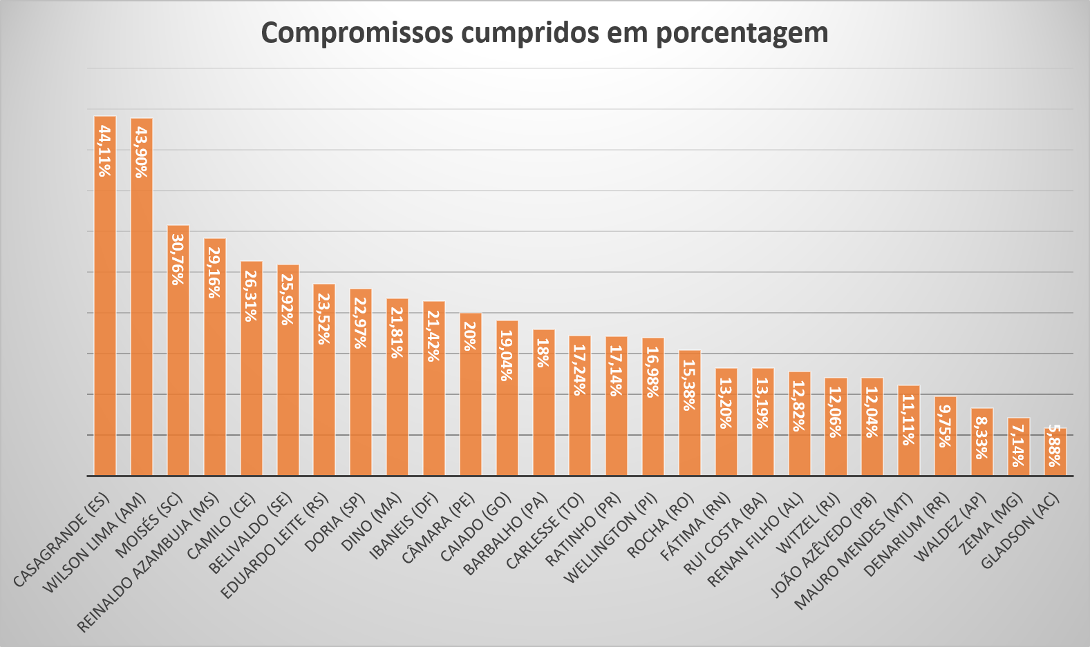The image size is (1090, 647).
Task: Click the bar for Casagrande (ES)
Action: tap(105, 311)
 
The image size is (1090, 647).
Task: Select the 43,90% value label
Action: tap(142, 153)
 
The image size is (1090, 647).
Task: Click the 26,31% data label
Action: tap(251, 296)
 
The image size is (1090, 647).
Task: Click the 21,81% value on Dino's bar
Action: tap(397, 332)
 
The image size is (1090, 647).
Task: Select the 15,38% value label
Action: tap(689, 385)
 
